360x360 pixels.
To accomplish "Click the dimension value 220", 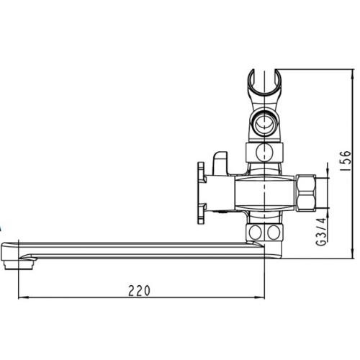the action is point(139,290).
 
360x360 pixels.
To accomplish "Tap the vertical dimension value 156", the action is point(346,161).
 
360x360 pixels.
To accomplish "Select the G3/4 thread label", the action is point(321,232).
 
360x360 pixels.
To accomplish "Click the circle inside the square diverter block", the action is point(264,152).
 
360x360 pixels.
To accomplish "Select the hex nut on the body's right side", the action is point(305,193).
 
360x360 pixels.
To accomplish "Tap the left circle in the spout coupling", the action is point(255,233).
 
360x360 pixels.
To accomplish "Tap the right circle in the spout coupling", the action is point(274,233).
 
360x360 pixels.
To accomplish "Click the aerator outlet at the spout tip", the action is point(19,265).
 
